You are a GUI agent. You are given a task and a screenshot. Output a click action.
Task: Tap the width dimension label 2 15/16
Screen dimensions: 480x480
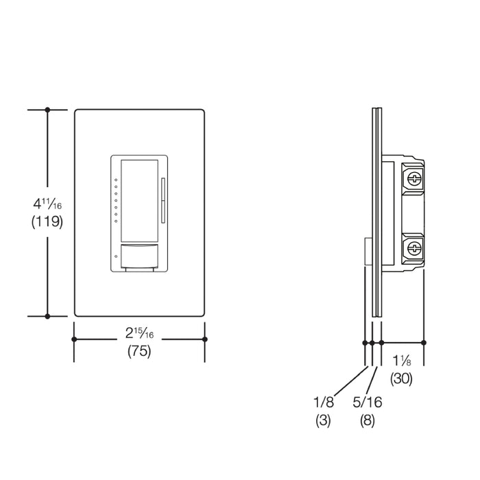coord(139,334)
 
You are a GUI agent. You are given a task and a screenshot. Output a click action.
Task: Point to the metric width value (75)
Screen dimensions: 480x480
coord(139,352)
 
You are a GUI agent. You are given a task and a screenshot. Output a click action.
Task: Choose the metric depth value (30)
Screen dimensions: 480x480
coord(402,378)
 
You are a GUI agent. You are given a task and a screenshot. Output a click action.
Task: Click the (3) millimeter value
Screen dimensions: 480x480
coord(323,420)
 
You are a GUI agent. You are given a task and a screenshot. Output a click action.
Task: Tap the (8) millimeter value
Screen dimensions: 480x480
coord(368,420)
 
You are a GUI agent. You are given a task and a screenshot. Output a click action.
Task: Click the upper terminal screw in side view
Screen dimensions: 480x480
coord(413,179)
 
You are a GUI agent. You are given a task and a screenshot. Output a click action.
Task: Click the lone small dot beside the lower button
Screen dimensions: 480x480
coord(116,255)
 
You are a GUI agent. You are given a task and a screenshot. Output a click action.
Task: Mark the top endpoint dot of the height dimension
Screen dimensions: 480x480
coord(47,110)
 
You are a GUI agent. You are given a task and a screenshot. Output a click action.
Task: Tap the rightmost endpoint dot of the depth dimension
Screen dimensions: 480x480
coord(424,342)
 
